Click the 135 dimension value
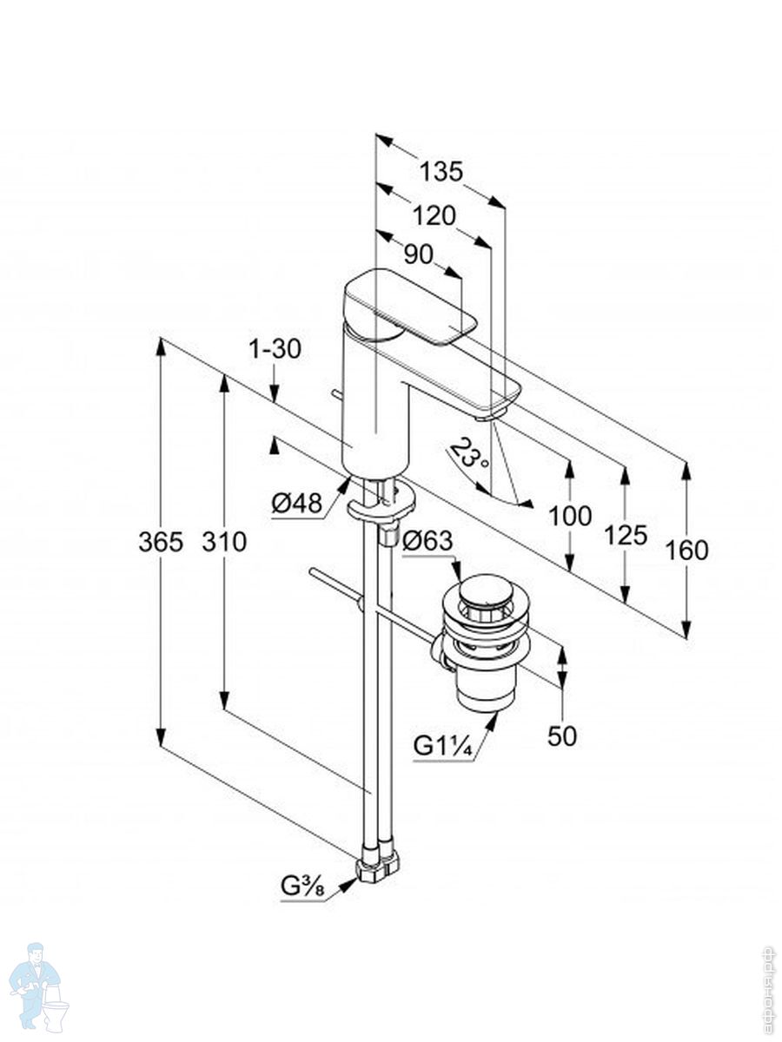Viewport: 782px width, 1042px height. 441,172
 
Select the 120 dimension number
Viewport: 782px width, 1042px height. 434,215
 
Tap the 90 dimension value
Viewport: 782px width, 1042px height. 418,254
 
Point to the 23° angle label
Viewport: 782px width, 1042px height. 470,454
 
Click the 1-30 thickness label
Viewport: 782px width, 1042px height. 275,350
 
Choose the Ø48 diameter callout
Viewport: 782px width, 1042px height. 296,503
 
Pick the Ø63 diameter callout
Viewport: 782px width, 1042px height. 427,541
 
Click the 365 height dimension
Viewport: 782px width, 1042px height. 161,543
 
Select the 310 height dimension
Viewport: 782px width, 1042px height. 224,543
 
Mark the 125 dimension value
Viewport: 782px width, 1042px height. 626,536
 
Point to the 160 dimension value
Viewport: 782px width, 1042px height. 687,551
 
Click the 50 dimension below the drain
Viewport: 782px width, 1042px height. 562,735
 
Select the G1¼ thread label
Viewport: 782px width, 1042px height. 443,745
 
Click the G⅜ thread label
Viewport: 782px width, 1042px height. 302,887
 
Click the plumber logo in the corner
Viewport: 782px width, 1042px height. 40,986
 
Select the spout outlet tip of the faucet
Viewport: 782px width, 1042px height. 487,415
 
